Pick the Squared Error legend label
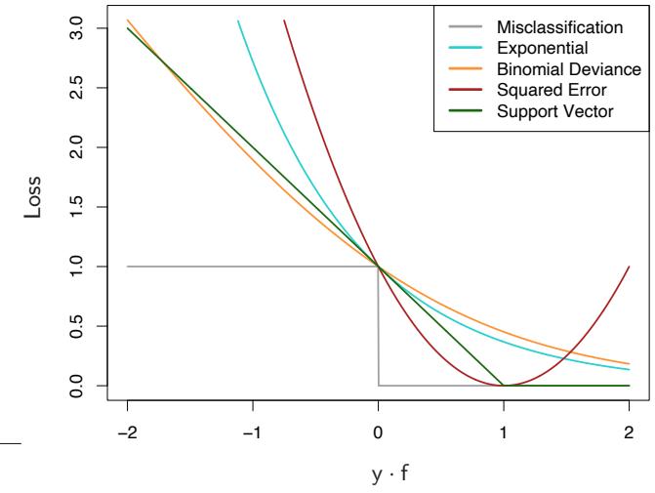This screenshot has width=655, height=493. pyautogui.click(x=546, y=89)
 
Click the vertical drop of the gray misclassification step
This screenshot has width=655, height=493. pyautogui.click(x=379, y=327)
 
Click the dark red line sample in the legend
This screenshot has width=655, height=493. pyautogui.click(x=463, y=89)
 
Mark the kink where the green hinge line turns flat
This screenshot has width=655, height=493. pyautogui.click(x=504, y=386)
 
